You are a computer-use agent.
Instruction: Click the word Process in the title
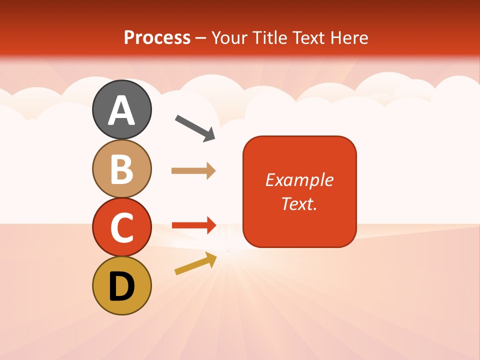coord(157,37)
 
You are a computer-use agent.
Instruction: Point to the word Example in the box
coord(299,180)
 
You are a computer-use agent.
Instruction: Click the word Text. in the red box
coord(299,203)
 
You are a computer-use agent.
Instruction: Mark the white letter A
coord(121,110)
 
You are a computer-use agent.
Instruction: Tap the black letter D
coord(121,286)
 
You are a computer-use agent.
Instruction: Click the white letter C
coord(121,227)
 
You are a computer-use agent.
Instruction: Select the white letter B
coord(121,169)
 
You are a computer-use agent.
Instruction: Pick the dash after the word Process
coord(201,38)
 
